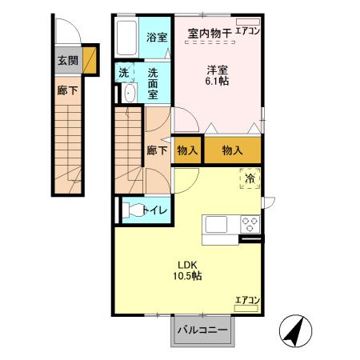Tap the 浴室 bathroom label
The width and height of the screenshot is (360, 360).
pyautogui.click(x=157, y=37)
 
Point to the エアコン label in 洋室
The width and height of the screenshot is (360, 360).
pyautogui.click(x=247, y=33)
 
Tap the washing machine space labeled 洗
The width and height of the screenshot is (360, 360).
pyautogui.click(x=124, y=74)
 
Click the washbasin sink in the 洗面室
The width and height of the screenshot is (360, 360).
pyautogui.click(x=128, y=94)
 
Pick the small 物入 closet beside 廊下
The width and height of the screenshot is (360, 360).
pyautogui.click(x=186, y=150)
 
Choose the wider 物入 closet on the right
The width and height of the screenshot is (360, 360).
pyautogui.click(x=233, y=150)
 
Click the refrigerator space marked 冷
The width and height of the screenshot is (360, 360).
pyautogui.click(x=250, y=179)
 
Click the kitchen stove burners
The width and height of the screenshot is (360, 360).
pyautogui.click(x=249, y=225)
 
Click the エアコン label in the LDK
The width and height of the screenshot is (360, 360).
pyautogui.click(x=247, y=300)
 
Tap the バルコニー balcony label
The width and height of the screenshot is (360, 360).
pyautogui.click(x=202, y=330)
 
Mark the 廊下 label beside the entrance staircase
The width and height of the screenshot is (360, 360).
pyautogui.click(x=67, y=91)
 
